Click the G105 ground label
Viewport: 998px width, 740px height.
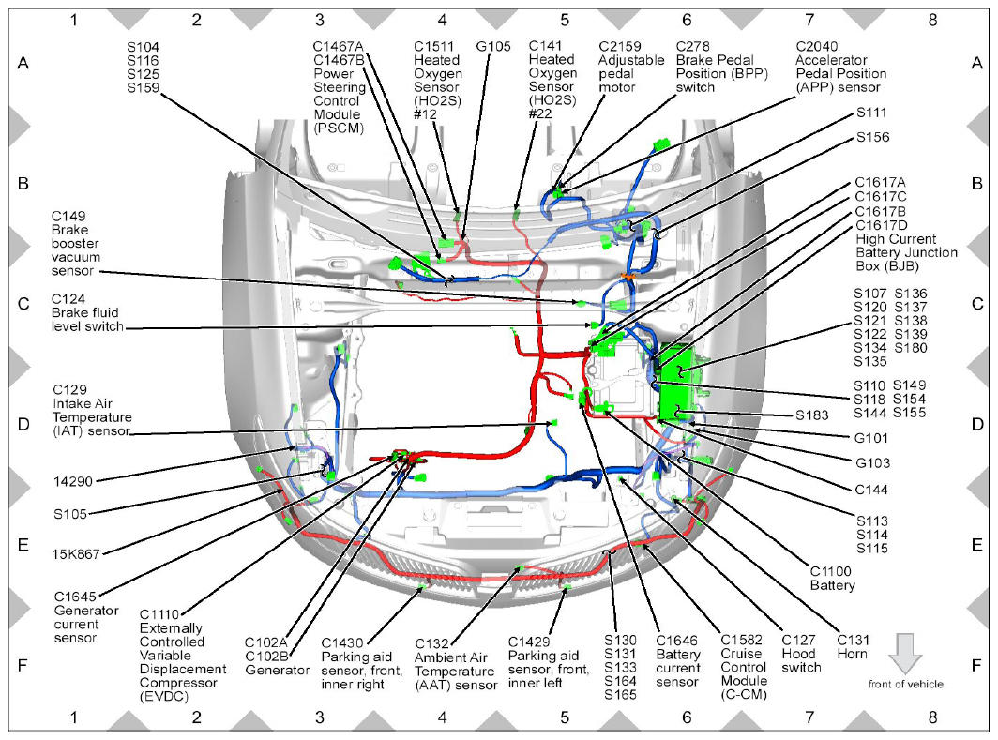pos(493,47)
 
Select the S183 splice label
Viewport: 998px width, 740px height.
pos(812,415)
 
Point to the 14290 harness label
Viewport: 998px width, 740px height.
pos(72,482)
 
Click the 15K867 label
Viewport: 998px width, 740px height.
pos(76,554)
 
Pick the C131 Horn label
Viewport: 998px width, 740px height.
pos(853,647)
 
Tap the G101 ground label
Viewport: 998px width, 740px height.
pos(871,438)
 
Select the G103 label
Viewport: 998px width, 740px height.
pos(872,463)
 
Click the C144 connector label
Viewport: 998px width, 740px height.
pos(871,490)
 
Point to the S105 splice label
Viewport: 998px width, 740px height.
pos(70,513)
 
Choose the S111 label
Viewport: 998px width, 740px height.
pos(871,113)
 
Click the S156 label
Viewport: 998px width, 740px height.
pos(872,138)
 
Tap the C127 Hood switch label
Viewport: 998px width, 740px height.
pos(801,654)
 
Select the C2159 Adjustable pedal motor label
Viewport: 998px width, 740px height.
pos(631,67)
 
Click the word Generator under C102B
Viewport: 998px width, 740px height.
pos(278,670)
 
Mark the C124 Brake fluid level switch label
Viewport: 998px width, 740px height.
pos(88,312)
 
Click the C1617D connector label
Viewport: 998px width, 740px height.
pos(882,225)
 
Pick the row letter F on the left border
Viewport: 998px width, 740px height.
pos(23,666)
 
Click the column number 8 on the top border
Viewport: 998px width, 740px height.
pos(932,20)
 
